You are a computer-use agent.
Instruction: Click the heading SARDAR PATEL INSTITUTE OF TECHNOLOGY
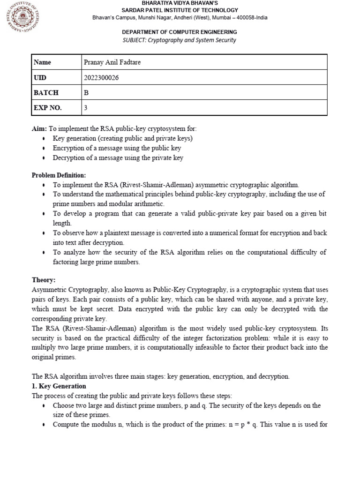180,10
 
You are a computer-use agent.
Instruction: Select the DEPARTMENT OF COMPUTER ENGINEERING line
180,32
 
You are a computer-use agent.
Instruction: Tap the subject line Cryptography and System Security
180,40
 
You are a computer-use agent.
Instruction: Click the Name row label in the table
43,62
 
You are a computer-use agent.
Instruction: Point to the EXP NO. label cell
47,108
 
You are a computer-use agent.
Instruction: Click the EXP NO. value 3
85,108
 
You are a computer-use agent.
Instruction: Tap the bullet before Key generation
44,139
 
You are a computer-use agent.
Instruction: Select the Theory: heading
44,280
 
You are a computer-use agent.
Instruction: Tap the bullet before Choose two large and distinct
44,406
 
